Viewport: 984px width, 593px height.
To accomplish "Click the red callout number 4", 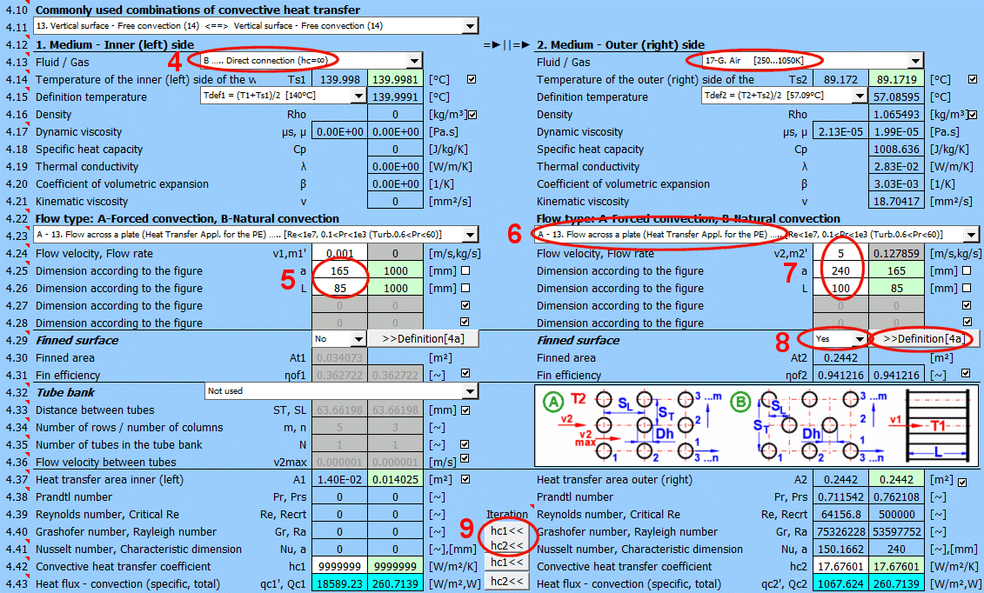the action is click(174, 62).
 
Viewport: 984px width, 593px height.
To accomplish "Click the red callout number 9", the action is click(466, 528).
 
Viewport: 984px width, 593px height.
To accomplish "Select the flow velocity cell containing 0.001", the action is click(339, 253).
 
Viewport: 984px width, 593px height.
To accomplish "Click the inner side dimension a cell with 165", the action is click(339, 270).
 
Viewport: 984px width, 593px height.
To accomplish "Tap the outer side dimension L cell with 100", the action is click(841, 289).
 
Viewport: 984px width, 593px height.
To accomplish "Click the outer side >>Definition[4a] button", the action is click(923, 339).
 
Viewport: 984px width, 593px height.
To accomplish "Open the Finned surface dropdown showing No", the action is click(339, 339).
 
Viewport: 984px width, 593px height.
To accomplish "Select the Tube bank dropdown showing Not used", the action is click(342, 391).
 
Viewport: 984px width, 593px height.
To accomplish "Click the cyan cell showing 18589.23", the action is click(339, 583).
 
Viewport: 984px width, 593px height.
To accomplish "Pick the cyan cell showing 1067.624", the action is click(841, 583).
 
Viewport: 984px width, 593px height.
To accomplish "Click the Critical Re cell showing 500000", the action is click(897, 514).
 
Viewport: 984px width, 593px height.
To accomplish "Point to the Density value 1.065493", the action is click(897, 114).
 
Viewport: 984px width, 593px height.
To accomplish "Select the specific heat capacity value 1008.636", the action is click(897, 150).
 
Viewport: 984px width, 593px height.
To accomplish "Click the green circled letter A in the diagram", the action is click(552, 402).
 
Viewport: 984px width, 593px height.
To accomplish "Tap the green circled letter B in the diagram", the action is click(741, 402).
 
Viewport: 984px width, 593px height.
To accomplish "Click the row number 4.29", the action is click(17, 340).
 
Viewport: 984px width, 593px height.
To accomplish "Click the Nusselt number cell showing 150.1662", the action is click(841, 550).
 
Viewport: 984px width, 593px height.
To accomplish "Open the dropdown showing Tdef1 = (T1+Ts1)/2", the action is click(283, 96).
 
